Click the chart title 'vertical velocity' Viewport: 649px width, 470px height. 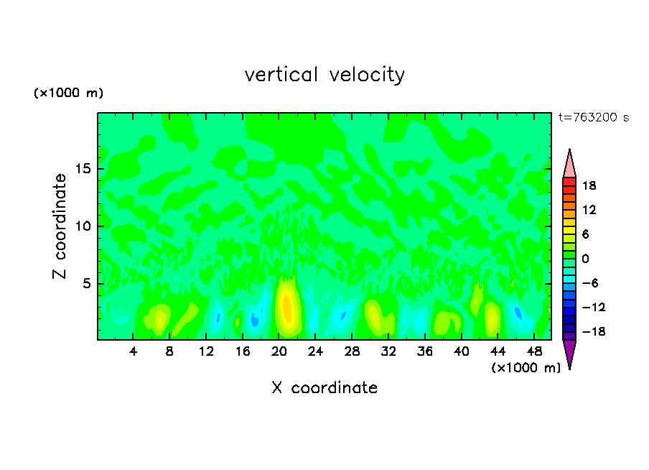click(324, 75)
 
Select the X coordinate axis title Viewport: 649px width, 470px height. click(324, 388)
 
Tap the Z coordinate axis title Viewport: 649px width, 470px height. click(60, 226)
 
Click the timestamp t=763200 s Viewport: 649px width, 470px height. click(594, 118)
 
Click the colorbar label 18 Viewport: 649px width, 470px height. click(589, 185)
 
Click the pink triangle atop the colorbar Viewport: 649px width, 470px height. click(569, 164)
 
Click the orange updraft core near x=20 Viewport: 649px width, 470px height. click(287, 308)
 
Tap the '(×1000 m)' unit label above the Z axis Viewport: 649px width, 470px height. click(68, 93)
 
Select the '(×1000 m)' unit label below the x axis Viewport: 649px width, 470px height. click(526, 368)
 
